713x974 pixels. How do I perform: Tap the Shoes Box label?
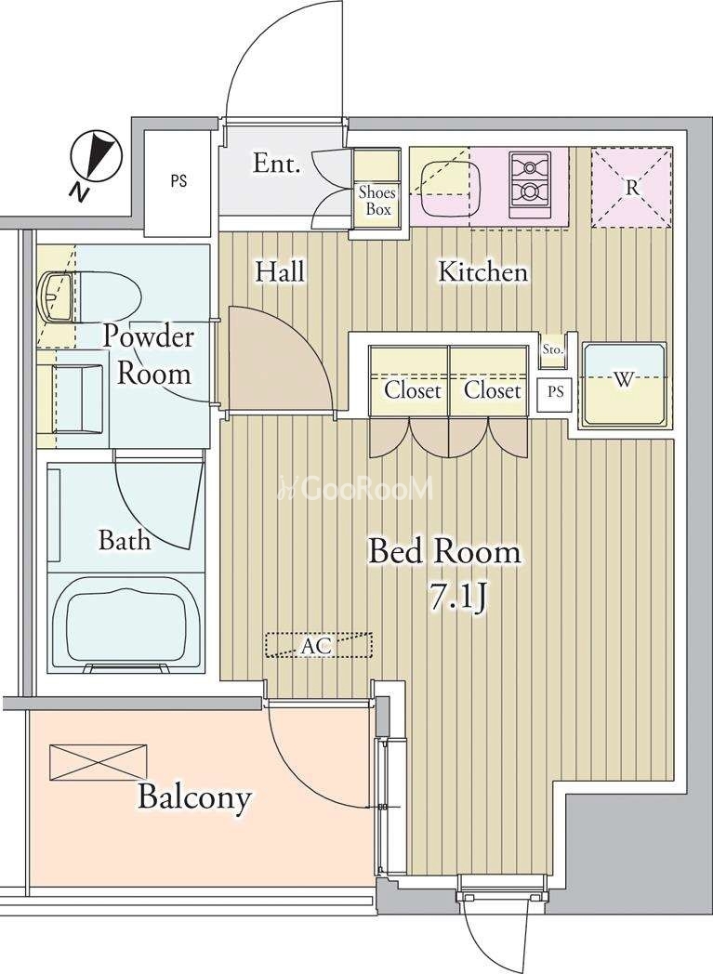[x=377, y=200]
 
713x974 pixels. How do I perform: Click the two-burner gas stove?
[x=530, y=185]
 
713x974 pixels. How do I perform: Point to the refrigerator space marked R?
[x=631, y=187]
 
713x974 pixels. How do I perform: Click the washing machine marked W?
[x=624, y=385]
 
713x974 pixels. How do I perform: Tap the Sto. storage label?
[x=552, y=349]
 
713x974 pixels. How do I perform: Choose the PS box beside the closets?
[x=556, y=392]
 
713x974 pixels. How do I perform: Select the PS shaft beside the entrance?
[x=178, y=182]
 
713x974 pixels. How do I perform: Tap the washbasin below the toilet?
[x=72, y=398]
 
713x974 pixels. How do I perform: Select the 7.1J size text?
[x=457, y=597]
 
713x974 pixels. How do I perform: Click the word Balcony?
[x=194, y=797]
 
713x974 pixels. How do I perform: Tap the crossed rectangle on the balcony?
[x=99, y=762]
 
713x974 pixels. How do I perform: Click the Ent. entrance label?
[x=277, y=164]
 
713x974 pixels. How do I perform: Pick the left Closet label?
[x=413, y=390]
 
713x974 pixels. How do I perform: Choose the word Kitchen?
[x=483, y=272]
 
